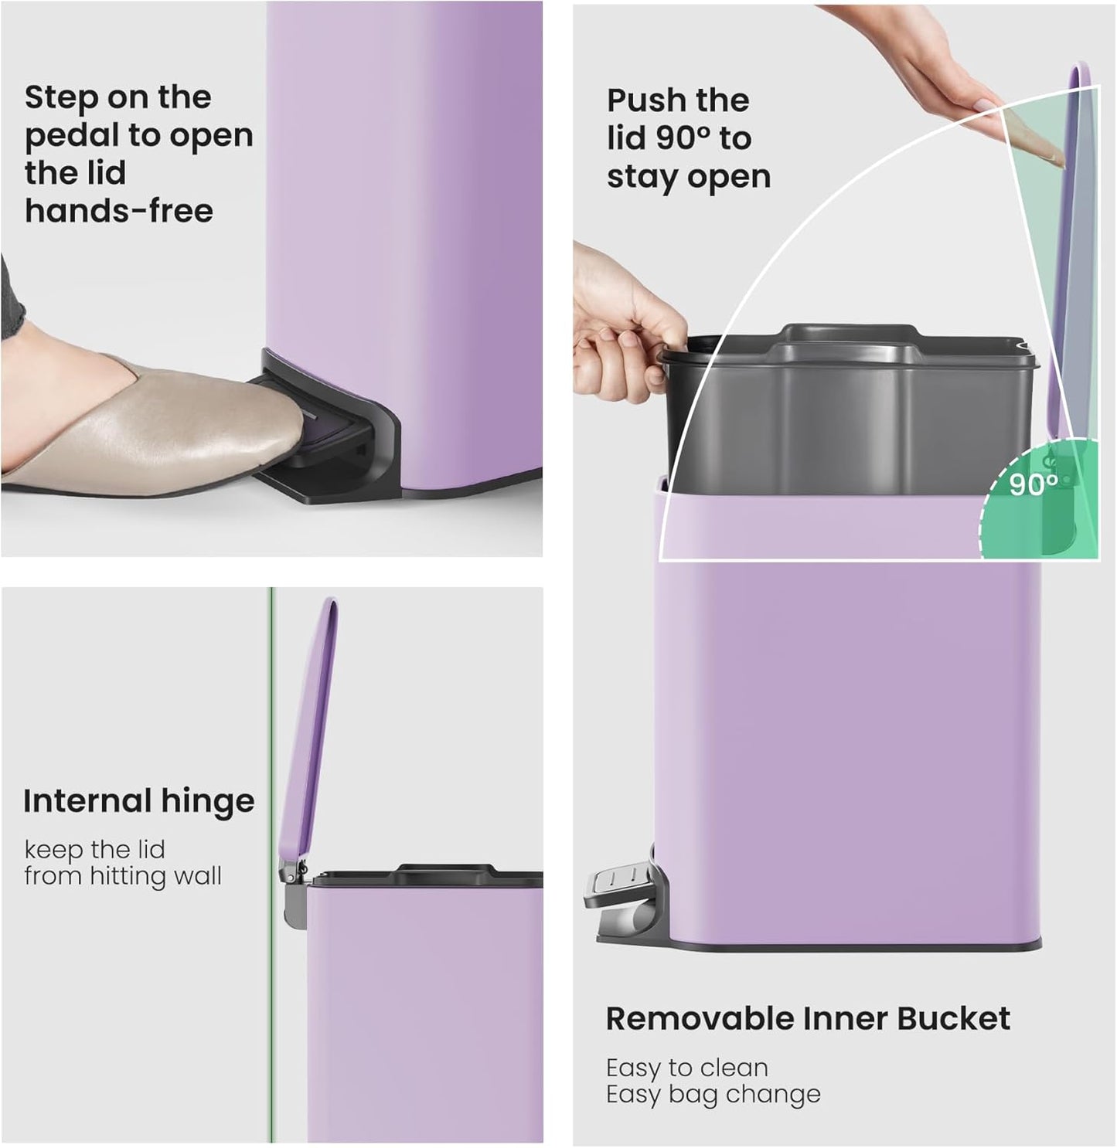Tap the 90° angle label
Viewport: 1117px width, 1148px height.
(1033, 485)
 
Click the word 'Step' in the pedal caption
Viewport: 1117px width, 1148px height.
(60, 97)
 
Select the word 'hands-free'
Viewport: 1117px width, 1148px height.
(119, 210)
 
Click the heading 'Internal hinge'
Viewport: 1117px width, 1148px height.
(138, 801)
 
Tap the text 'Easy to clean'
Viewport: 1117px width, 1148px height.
(686, 1068)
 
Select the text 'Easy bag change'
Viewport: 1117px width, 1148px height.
(713, 1094)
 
